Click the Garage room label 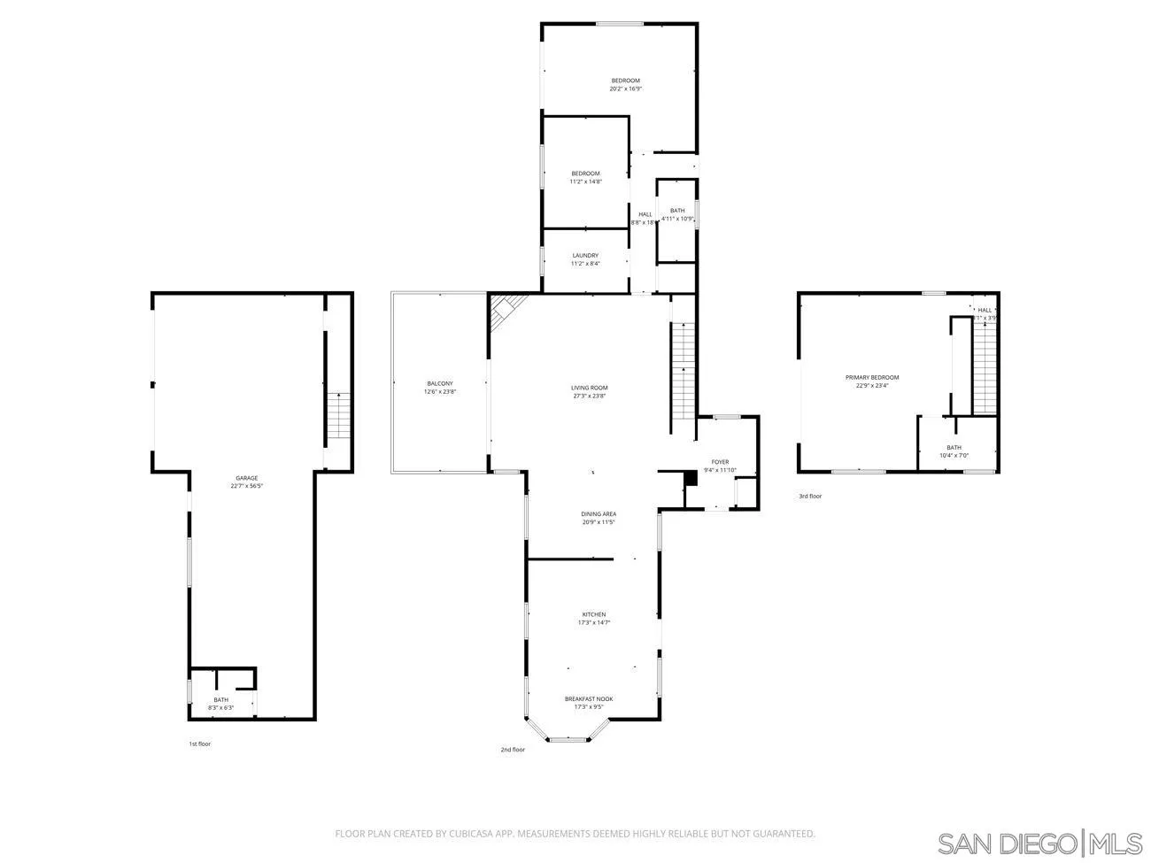click(x=247, y=482)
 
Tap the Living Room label click(x=589, y=391)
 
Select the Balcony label click(x=439, y=387)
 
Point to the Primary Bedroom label click(x=872, y=381)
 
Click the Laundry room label click(x=585, y=259)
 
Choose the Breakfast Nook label click(x=589, y=702)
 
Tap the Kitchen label click(x=593, y=618)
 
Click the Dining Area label click(x=599, y=518)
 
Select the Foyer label click(x=720, y=466)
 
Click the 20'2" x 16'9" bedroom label click(x=625, y=84)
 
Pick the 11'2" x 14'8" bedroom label click(x=585, y=177)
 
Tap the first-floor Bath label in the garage click(x=220, y=704)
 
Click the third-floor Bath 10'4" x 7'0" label click(x=954, y=451)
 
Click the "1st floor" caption click(x=200, y=744)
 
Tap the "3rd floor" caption click(x=810, y=497)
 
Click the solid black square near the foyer click(x=691, y=478)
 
